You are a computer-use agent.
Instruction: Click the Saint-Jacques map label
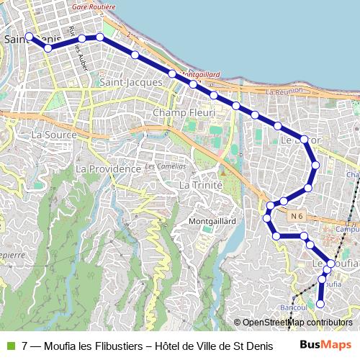pos(131,83)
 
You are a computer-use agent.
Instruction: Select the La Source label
pos(49,135)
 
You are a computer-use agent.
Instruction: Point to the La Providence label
pos(107,168)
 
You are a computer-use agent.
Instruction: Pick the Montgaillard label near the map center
pos(213,220)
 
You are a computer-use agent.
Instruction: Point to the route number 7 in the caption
pos(25,346)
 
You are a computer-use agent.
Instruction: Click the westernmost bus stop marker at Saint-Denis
pos(29,36)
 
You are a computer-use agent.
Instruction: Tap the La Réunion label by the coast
pos(285,92)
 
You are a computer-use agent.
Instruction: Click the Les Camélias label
pos(161,167)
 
